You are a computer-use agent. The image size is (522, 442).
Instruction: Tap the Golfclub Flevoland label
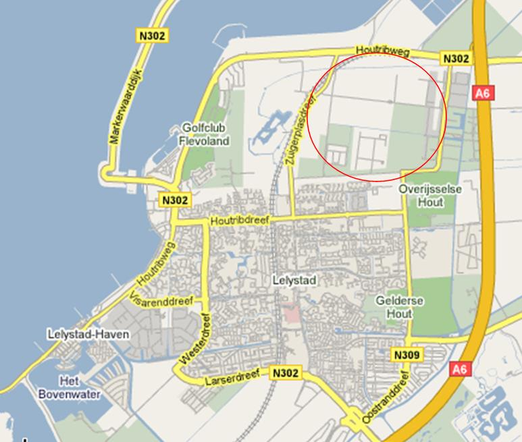point(204,134)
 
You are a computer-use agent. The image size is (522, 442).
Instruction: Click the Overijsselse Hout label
point(430,195)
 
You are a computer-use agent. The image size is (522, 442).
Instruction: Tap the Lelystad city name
point(295,280)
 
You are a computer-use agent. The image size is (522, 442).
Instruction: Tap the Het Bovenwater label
point(80,387)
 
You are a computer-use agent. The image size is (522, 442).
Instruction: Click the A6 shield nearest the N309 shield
point(460,368)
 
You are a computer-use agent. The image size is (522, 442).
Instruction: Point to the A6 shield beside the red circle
point(482,93)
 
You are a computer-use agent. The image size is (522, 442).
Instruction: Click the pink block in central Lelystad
point(290,313)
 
